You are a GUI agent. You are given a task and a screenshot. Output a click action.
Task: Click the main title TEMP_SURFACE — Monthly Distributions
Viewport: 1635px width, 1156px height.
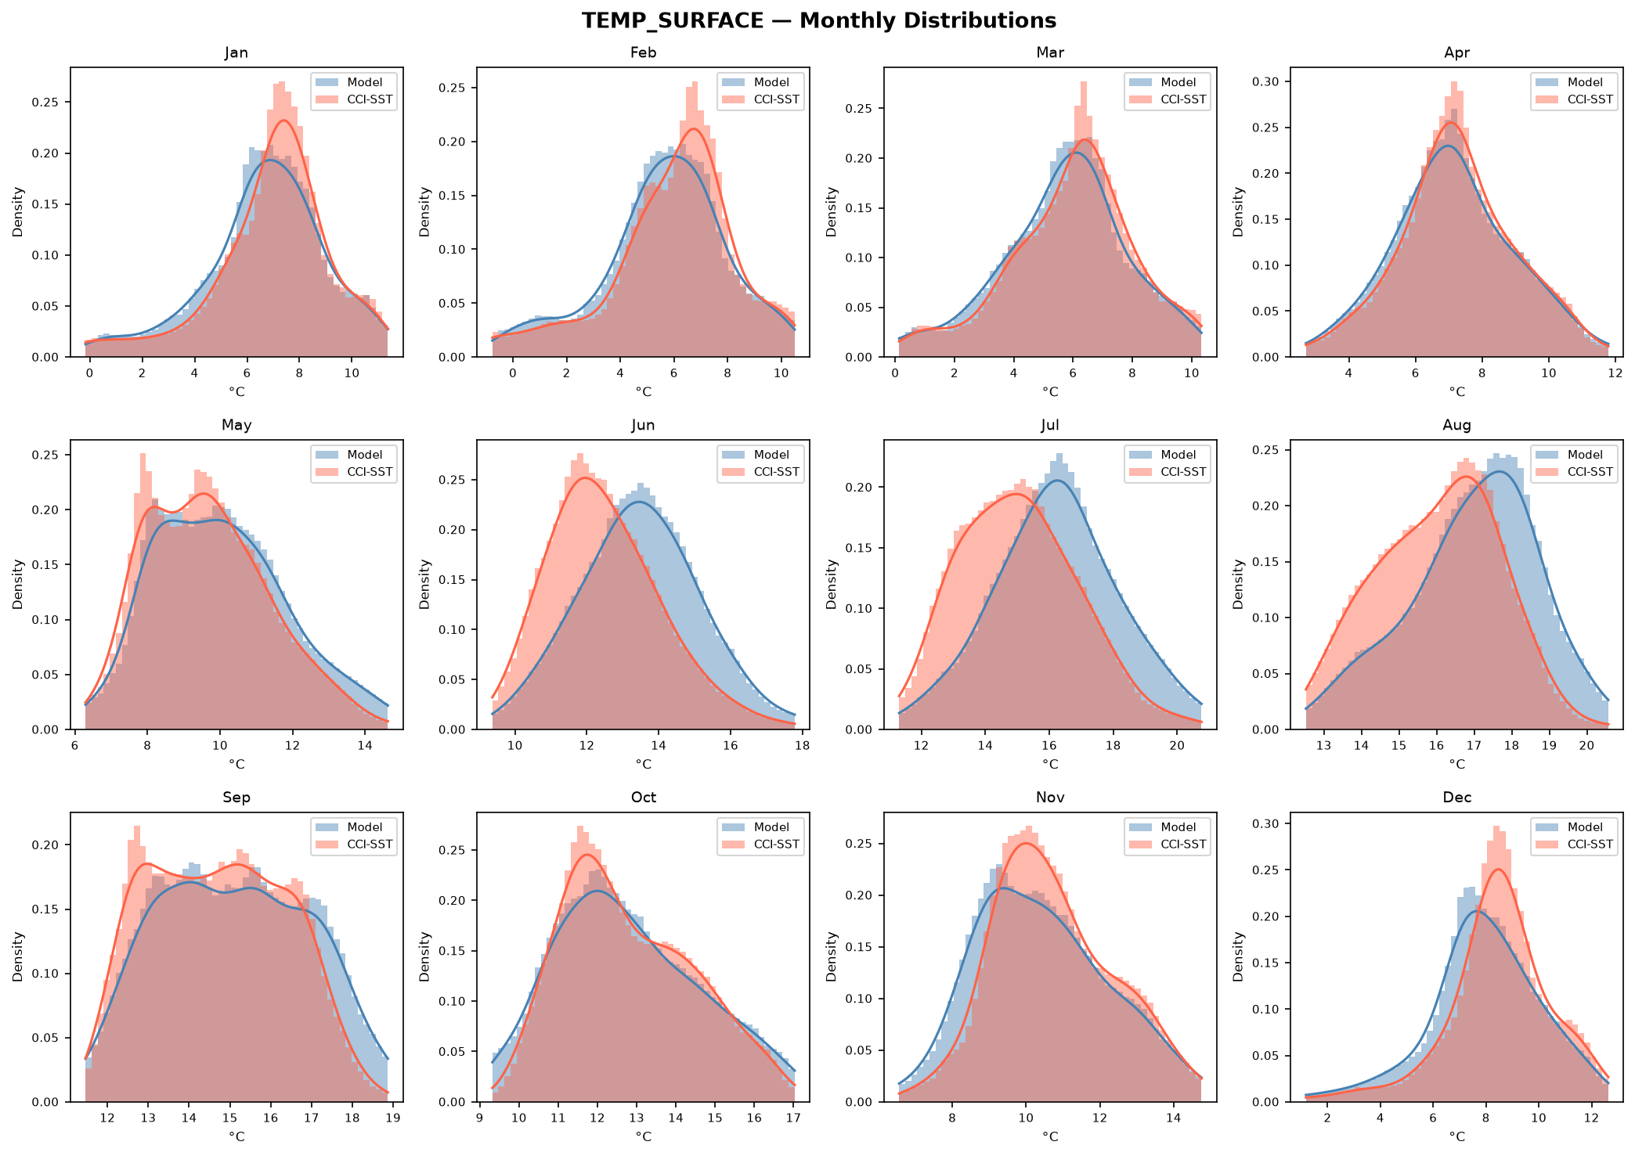818,21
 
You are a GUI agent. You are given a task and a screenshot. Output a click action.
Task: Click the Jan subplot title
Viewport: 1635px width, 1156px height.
236,53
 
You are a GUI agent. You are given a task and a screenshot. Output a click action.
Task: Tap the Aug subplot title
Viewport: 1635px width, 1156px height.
1456,426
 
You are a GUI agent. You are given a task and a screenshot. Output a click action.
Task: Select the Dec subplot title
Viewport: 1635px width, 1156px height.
1456,798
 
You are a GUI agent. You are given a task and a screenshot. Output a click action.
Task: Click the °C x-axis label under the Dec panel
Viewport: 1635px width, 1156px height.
1456,1136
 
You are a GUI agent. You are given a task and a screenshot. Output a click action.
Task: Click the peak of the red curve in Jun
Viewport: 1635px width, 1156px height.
585,477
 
